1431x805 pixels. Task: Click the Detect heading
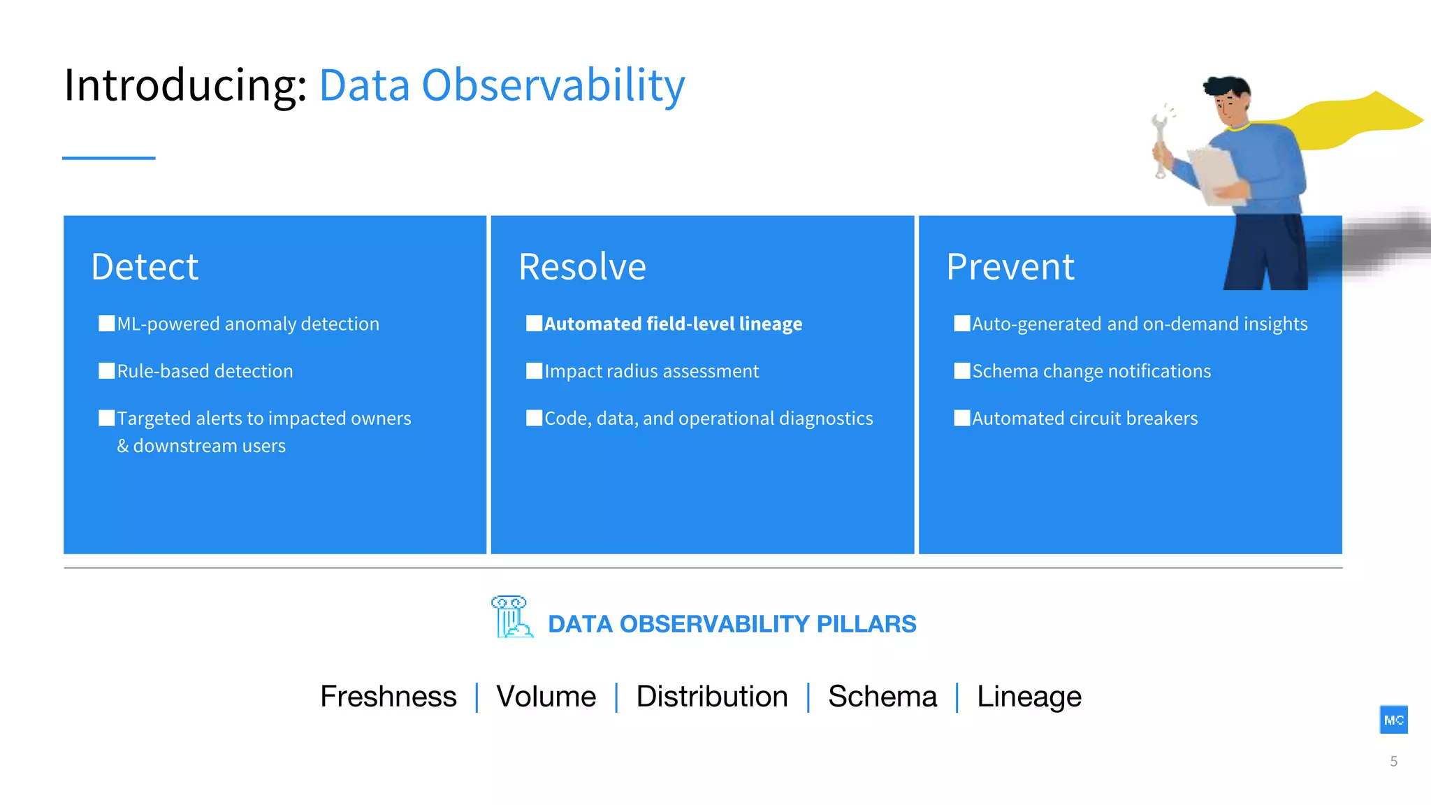pyautogui.click(x=145, y=267)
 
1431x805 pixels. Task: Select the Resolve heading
pyautogui.click(x=582, y=267)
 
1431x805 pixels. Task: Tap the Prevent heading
pyautogui.click(x=1010, y=267)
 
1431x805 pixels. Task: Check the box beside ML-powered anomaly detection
pyautogui.click(x=107, y=324)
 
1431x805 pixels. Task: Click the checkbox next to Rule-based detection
pyautogui.click(x=107, y=371)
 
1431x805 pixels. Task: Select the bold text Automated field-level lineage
pyautogui.click(x=673, y=324)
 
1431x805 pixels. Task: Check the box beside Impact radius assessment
pyautogui.click(x=535, y=371)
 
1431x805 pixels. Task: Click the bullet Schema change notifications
pyautogui.click(x=1091, y=371)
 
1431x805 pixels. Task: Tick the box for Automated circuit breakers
pyautogui.click(x=962, y=418)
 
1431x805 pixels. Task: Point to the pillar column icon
pyautogui.click(x=511, y=617)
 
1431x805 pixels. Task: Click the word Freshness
pyautogui.click(x=388, y=697)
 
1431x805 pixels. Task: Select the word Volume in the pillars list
pyautogui.click(x=546, y=697)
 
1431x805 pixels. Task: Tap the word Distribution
pyautogui.click(x=711, y=697)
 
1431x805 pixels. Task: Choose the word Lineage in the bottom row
pyautogui.click(x=1029, y=697)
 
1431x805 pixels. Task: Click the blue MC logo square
pyautogui.click(x=1393, y=720)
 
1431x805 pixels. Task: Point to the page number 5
pyautogui.click(x=1393, y=762)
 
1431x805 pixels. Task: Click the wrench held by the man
pyautogui.click(x=1161, y=140)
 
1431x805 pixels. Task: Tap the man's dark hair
pyautogui.click(x=1228, y=87)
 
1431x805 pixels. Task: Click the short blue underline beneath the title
pyautogui.click(x=108, y=158)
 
